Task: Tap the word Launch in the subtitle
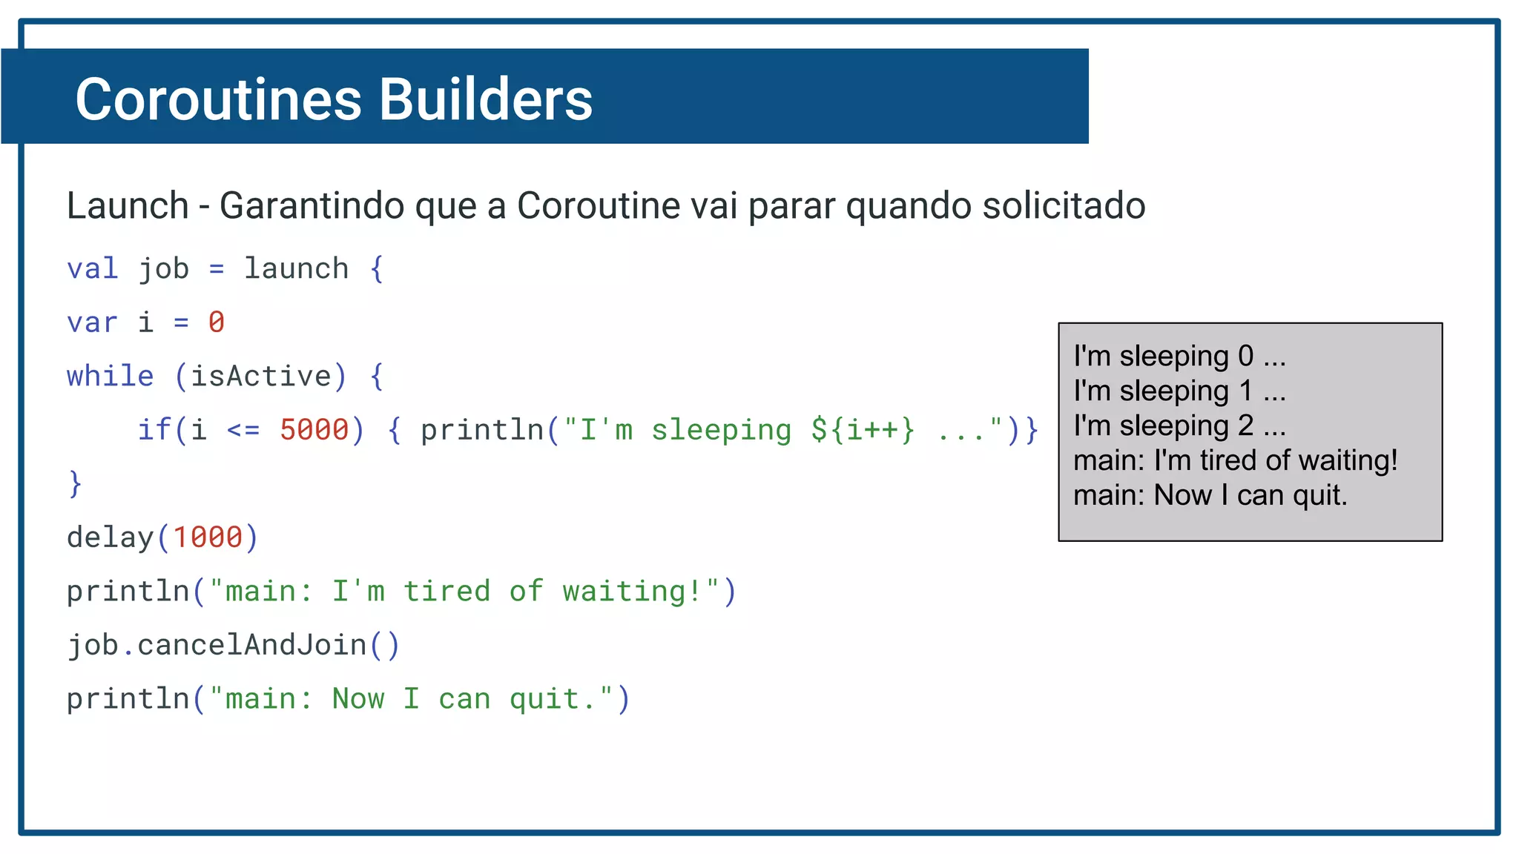[x=128, y=205]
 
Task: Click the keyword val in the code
[x=92, y=268]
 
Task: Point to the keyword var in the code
[x=92, y=322]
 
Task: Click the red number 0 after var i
[x=216, y=322]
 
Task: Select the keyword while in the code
[x=110, y=377]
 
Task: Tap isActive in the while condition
[x=260, y=377]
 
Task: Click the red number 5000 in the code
[x=314, y=430]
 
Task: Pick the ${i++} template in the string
[x=863, y=430]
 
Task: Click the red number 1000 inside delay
[x=208, y=537]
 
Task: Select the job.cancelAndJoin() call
[x=233, y=645]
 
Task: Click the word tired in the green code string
[x=447, y=592]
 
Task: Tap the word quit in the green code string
[x=544, y=699]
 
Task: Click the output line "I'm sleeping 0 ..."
[x=1179, y=357]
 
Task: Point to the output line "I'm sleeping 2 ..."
[x=1179, y=426]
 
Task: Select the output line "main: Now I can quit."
[x=1210, y=495]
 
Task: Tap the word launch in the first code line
[x=296, y=268]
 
